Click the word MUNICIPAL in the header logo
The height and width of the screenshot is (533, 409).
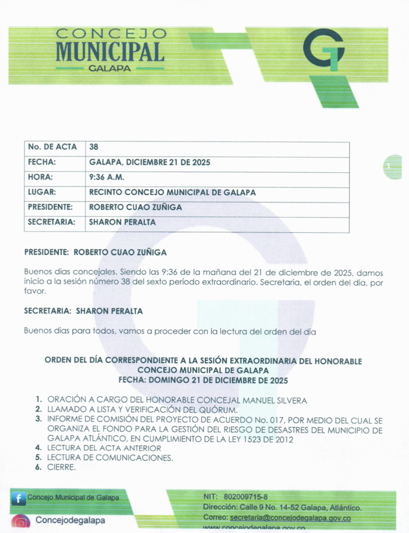point(110,52)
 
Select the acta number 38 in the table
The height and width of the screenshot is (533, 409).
point(94,147)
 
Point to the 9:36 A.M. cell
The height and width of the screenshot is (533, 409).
point(107,177)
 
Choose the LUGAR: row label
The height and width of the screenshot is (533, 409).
point(42,192)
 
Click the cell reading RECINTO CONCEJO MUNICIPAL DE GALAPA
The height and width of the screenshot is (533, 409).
point(172,192)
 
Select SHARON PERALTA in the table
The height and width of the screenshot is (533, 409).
point(122,222)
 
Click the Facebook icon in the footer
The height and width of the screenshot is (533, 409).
point(18,498)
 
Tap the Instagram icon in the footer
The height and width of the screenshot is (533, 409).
point(21,521)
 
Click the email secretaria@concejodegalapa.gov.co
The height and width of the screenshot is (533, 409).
point(290,518)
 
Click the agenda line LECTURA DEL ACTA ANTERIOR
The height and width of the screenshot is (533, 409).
point(104,448)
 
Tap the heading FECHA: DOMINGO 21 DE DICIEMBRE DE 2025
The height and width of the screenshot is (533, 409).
point(203,380)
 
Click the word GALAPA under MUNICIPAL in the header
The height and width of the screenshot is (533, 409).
point(109,68)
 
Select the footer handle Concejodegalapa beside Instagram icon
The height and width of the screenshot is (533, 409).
point(70,520)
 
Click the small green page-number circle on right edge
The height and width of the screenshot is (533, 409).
point(393,167)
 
